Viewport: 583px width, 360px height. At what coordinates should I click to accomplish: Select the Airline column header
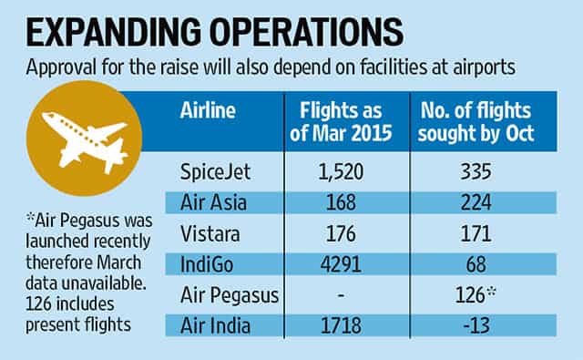point(208,110)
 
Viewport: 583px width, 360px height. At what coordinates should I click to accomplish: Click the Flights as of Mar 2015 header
point(341,121)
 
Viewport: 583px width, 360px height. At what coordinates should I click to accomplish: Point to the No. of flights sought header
point(476,122)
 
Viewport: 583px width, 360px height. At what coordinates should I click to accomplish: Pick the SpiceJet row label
point(215,172)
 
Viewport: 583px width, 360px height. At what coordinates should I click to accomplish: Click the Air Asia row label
point(213,202)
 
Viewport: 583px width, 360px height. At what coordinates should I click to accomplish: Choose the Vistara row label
point(210,234)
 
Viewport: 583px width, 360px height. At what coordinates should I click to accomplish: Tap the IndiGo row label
point(207,265)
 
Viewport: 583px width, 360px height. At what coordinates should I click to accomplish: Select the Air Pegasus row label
point(230,296)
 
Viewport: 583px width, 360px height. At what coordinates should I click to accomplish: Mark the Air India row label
point(215,325)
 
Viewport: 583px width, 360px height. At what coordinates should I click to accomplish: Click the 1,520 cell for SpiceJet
point(341,172)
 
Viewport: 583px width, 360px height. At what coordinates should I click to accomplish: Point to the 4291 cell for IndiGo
point(341,264)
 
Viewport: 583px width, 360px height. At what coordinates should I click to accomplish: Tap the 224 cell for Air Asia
point(476,202)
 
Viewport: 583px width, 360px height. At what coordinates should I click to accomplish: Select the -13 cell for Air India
point(476,325)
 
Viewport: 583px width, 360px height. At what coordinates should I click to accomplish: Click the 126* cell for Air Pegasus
point(476,295)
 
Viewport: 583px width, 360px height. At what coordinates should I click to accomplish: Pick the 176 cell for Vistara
point(341,234)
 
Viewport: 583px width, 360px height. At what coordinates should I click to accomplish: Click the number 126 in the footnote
point(38,304)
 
